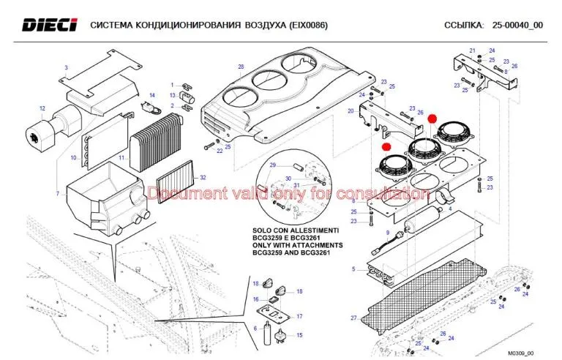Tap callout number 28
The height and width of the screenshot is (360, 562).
tap(240, 67)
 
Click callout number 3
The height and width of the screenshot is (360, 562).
tap(66, 68)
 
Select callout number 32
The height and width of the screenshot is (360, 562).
tap(203, 178)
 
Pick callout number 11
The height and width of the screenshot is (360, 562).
tap(123, 157)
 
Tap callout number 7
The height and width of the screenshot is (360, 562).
tap(57, 193)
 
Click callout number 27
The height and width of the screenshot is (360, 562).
tap(353, 318)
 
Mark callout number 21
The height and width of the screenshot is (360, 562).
tap(472, 50)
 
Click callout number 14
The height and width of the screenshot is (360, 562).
tap(152, 95)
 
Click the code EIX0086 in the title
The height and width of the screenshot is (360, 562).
tap(304, 26)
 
